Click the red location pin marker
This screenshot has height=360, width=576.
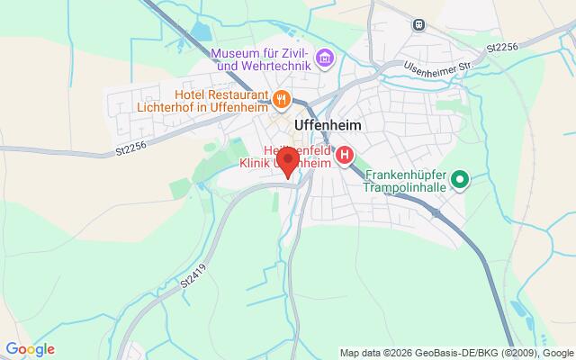(288, 163)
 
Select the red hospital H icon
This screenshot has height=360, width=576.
(344, 158)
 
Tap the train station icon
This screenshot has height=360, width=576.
(418, 24)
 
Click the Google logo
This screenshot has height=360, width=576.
(30, 349)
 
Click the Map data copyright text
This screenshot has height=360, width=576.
(456, 351)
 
